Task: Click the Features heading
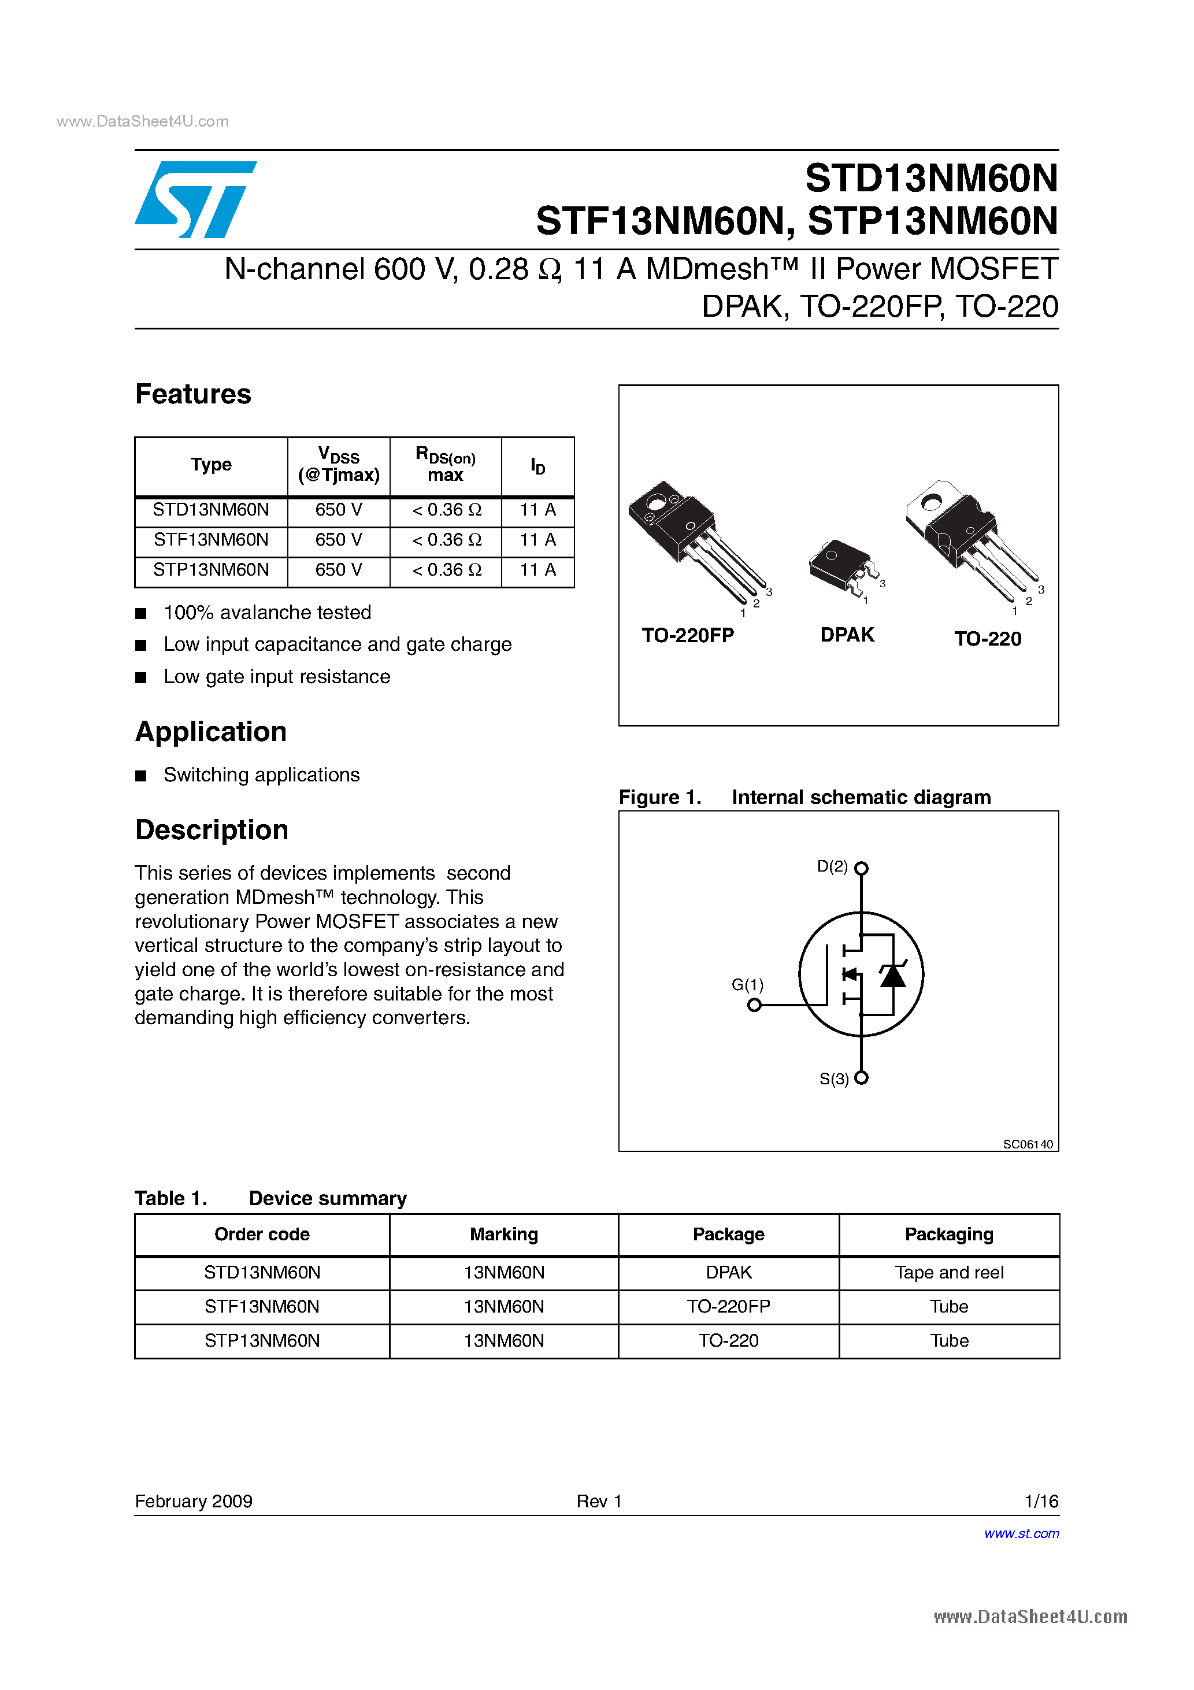193,395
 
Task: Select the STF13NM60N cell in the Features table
212,540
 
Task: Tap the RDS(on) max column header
446,465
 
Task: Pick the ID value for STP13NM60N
537,570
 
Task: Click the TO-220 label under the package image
988,639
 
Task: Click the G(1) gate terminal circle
754,1005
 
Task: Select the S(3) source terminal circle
861,1077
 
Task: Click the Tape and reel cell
949,1273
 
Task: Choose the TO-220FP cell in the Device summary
728,1306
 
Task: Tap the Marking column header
503,1235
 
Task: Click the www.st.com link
1021,1533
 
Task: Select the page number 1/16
1041,1501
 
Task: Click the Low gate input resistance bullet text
277,676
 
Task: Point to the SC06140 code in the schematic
1028,1144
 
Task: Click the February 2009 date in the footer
194,1501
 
